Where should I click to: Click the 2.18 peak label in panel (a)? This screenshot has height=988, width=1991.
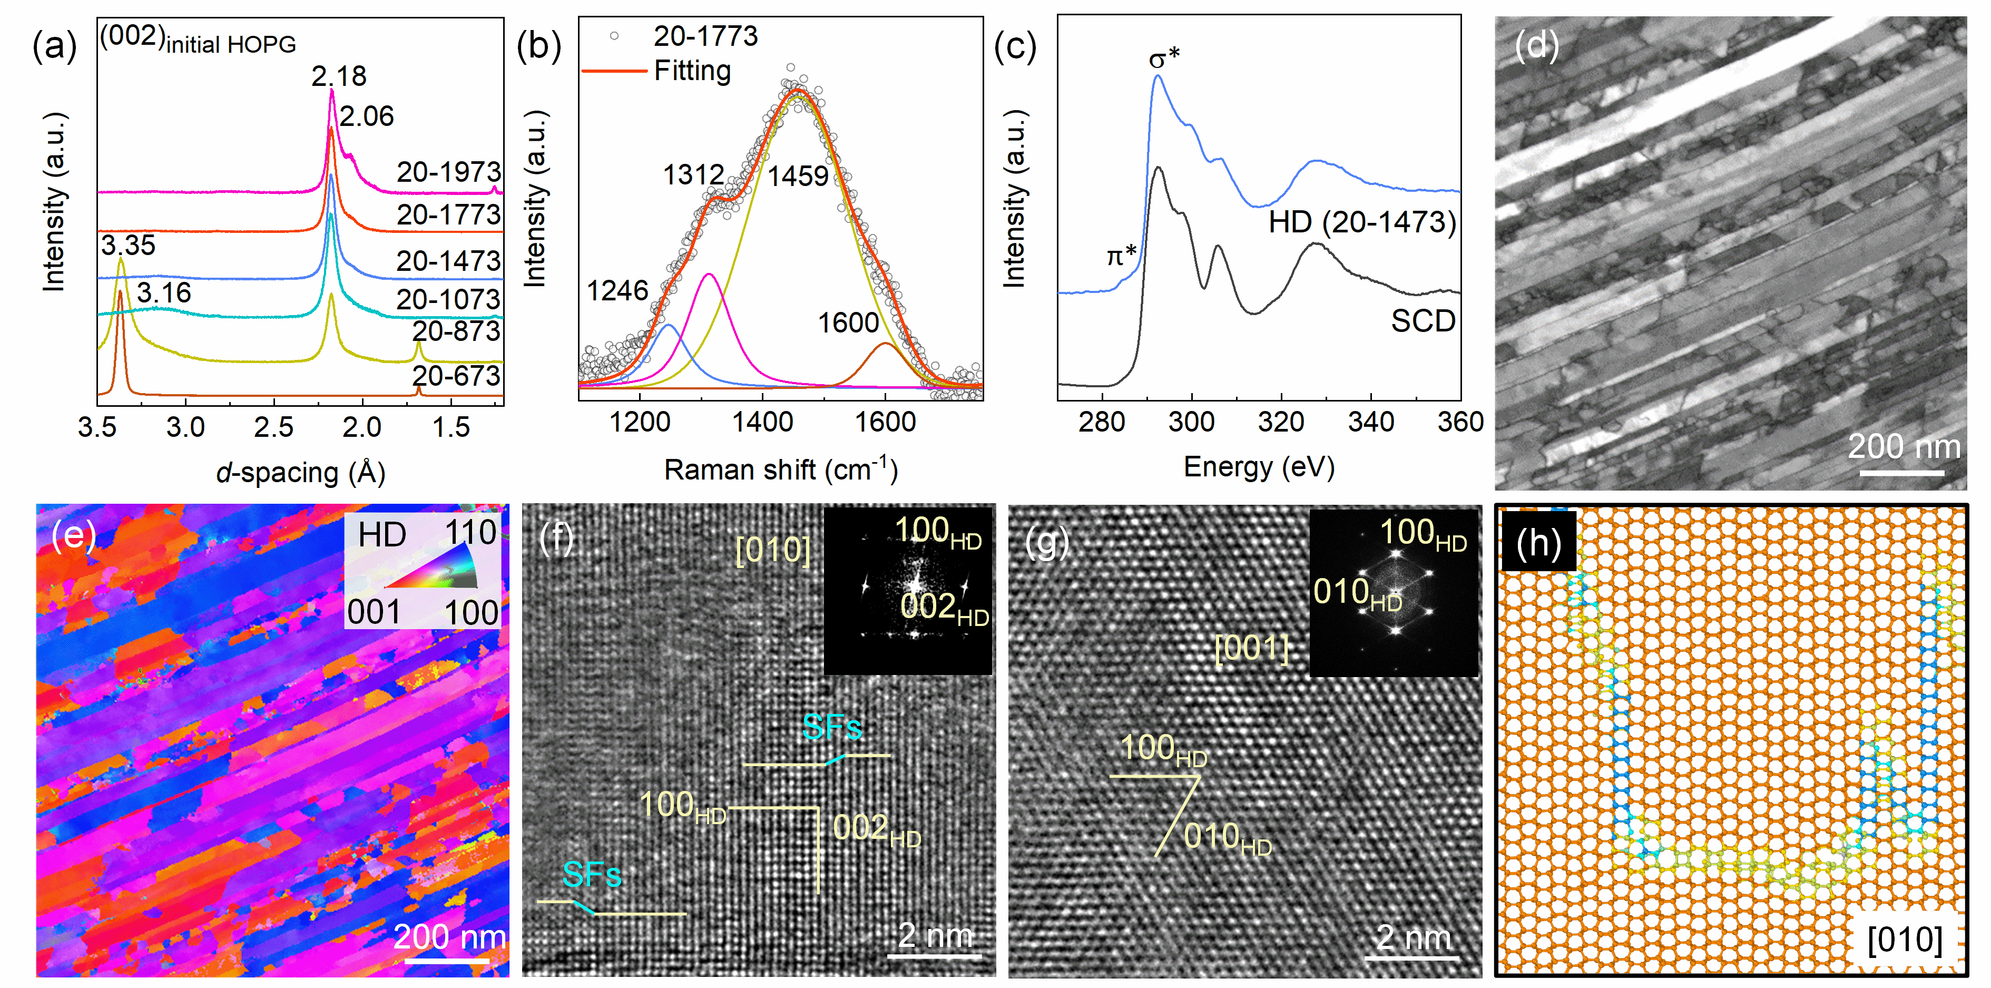tap(339, 76)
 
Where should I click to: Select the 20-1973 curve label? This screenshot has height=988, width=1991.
tap(448, 172)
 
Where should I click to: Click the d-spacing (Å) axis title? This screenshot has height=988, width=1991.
tap(301, 472)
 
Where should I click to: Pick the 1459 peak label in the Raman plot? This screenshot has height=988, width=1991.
tap(798, 177)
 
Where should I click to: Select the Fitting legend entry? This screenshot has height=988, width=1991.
tap(692, 71)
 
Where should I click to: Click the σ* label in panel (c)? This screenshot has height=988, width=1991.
tap(1164, 58)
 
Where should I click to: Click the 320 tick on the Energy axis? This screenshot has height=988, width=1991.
tap(1281, 422)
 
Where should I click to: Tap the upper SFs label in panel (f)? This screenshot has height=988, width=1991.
tap(831, 727)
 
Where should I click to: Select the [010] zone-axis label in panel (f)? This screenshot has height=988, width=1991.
tap(772, 551)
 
